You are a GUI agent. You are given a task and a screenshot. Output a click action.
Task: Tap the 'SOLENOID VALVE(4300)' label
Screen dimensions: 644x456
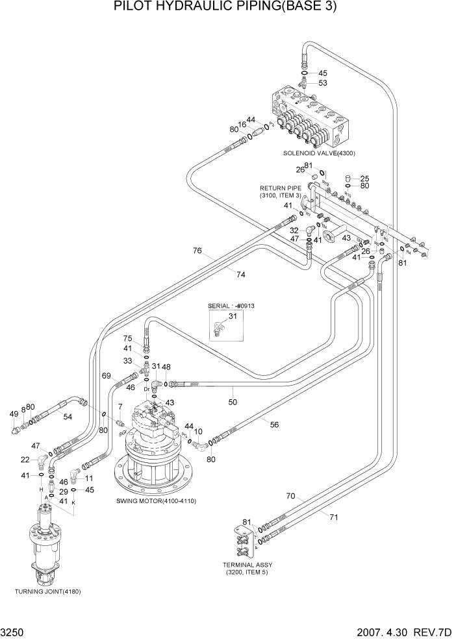319,153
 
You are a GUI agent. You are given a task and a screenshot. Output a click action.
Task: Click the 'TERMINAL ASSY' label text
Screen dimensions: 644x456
246,564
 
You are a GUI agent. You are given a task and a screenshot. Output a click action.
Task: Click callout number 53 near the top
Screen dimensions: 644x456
322,83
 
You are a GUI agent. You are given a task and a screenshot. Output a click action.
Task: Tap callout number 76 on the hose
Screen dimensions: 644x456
197,251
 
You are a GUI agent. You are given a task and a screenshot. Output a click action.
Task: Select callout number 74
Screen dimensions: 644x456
240,275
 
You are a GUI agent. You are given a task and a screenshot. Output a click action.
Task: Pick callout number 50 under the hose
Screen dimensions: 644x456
233,402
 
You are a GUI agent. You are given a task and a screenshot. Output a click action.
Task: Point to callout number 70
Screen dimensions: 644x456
290,496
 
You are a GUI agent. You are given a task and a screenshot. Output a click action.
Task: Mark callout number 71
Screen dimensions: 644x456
334,517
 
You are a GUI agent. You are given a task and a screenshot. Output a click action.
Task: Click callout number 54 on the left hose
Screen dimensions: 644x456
67,416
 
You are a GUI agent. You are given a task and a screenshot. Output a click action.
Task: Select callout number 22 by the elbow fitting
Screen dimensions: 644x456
25,460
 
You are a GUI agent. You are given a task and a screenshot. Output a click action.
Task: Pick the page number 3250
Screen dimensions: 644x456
14,632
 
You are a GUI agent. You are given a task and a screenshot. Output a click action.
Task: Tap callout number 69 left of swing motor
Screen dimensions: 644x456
106,376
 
